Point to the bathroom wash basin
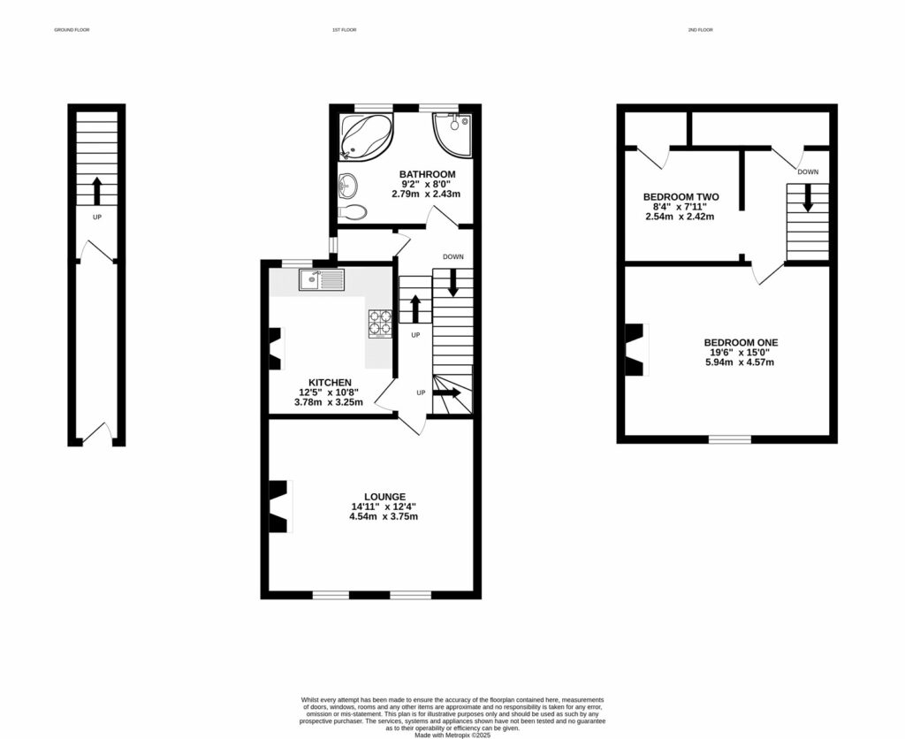[x=347, y=186]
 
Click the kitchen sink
[x=321, y=280]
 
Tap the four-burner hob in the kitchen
[x=380, y=323]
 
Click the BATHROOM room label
[x=427, y=174]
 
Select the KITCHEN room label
[x=316, y=383]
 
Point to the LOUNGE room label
[x=384, y=497]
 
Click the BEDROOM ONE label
[x=741, y=342]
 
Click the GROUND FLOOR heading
[x=72, y=30]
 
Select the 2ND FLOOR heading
[x=700, y=30]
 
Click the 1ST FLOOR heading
[x=344, y=30]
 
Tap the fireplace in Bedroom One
[x=636, y=349]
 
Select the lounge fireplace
[x=280, y=507]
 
